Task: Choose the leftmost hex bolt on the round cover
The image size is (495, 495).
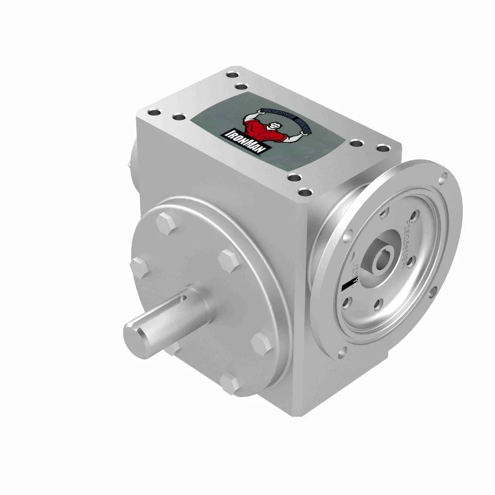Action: click(x=138, y=266)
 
